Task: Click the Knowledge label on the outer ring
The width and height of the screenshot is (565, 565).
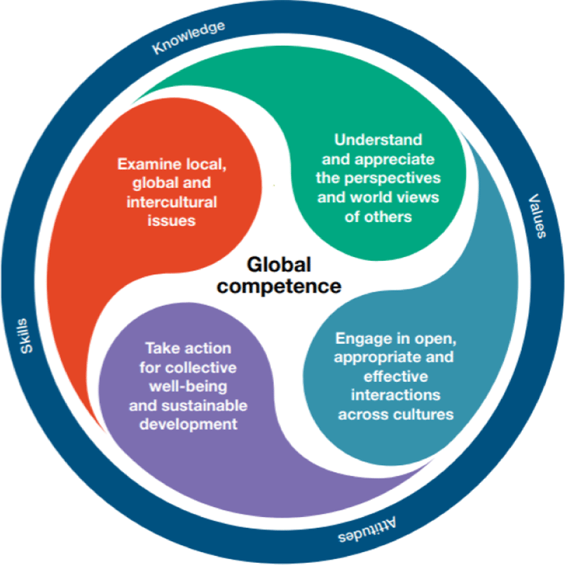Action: [189, 37]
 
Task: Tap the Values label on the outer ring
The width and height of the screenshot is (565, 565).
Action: [537, 216]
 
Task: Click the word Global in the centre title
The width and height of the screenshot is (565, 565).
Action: [279, 264]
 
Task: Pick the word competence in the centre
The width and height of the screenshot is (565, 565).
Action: [279, 286]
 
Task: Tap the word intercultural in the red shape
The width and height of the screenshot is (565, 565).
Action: [171, 202]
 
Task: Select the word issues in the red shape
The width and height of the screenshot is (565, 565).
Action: [171, 221]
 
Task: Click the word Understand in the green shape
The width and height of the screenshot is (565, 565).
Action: [378, 140]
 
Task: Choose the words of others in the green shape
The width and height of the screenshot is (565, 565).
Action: [378, 217]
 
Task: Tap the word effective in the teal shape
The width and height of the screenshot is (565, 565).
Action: [396, 376]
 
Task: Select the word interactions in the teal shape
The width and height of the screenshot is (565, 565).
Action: [396, 396]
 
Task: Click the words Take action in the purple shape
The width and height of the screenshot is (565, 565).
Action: [188, 348]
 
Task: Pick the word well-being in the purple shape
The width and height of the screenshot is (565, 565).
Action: [188, 387]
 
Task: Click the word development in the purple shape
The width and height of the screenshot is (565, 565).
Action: [188, 424]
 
